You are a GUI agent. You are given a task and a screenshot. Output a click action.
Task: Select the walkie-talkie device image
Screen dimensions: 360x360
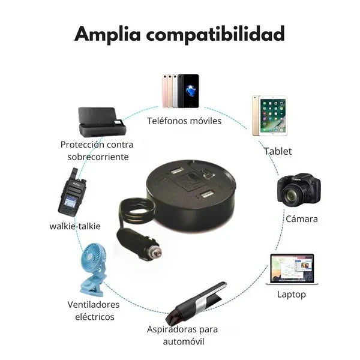tap(71, 196)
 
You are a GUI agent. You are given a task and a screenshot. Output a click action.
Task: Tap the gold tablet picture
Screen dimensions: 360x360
tap(269, 115)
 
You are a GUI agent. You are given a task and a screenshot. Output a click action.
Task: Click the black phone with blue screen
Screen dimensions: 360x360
tap(188, 90)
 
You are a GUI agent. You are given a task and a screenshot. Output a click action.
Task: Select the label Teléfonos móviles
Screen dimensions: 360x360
tap(184, 121)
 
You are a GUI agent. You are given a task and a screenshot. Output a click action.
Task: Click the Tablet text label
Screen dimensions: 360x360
tap(278, 151)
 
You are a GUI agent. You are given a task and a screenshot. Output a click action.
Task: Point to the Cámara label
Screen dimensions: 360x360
tap(302, 219)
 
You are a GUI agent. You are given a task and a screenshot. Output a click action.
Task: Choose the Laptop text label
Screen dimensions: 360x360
tap(291, 294)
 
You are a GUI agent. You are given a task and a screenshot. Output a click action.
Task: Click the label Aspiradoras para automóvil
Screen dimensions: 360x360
tap(182, 335)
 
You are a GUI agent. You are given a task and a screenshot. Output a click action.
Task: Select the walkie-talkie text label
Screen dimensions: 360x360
tap(75, 226)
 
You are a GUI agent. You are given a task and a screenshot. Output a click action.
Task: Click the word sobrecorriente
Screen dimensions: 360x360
tap(98, 157)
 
